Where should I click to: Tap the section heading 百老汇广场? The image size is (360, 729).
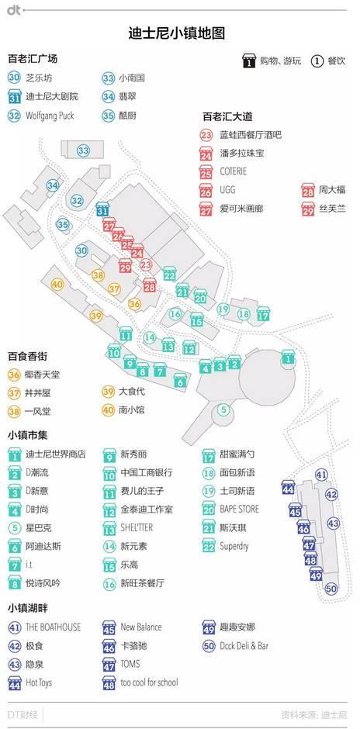tap(33, 58)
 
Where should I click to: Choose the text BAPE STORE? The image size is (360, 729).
tap(240, 510)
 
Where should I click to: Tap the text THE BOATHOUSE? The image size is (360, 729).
tap(54, 627)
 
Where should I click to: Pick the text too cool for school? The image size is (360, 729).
tap(150, 683)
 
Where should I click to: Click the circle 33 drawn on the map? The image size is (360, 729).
tap(83, 150)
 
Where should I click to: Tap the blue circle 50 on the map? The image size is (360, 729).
tap(331, 589)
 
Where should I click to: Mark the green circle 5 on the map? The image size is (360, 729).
tap(223, 409)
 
